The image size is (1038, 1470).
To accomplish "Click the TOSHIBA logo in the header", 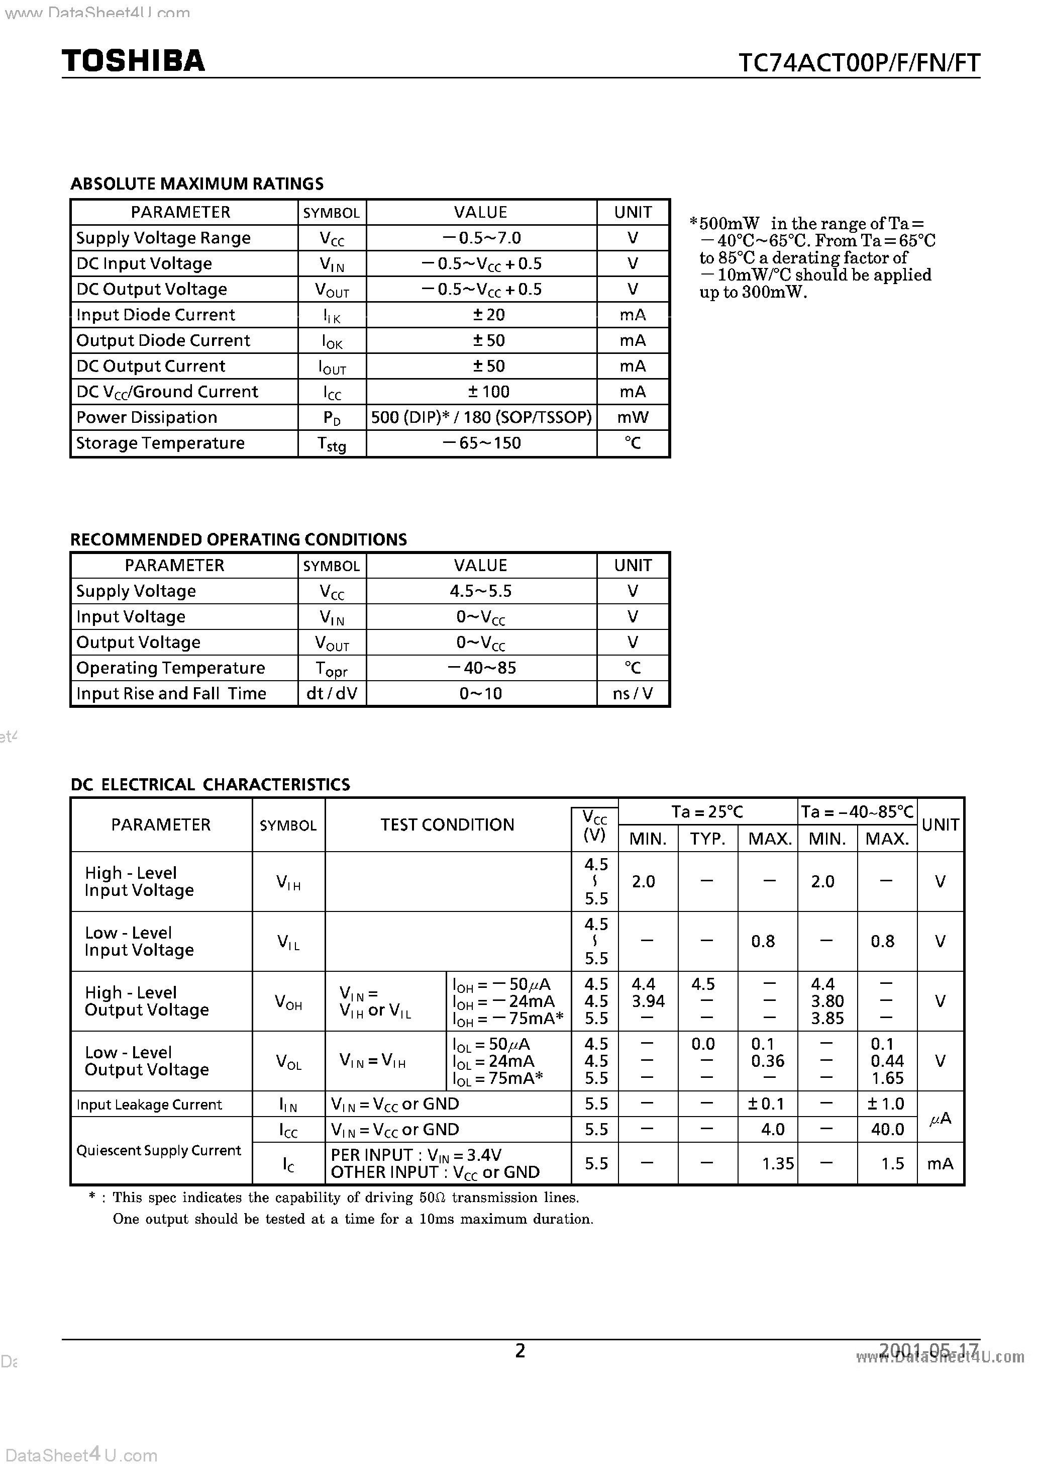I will (x=133, y=61).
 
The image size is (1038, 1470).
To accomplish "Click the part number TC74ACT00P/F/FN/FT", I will (x=859, y=63).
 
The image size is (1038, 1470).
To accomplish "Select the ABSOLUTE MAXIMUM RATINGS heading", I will (x=196, y=184).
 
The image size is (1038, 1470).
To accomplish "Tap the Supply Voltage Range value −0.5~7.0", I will (x=481, y=238).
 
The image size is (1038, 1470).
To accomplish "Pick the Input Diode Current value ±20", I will (x=488, y=315).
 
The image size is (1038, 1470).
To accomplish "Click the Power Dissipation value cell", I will (x=481, y=417).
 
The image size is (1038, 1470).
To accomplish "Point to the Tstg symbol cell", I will (x=332, y=444).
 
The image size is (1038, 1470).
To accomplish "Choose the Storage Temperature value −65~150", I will (x=481, y=443).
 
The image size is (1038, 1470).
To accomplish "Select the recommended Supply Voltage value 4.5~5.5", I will (x=481, y=591).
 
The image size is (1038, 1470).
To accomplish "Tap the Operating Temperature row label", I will (x=170, y=668).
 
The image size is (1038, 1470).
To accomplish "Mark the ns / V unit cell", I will (x=632, y=693).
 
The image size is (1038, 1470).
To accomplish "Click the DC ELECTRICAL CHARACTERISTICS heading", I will (x=210, y=784).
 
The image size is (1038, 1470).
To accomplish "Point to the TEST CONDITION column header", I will (x=447, y=824).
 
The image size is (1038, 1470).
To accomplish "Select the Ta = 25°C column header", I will (x=707, y=812).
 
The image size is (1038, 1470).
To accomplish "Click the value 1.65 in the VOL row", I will (x=887, y=1078).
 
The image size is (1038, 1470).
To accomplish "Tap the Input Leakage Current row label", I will (x=149, y=1105).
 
